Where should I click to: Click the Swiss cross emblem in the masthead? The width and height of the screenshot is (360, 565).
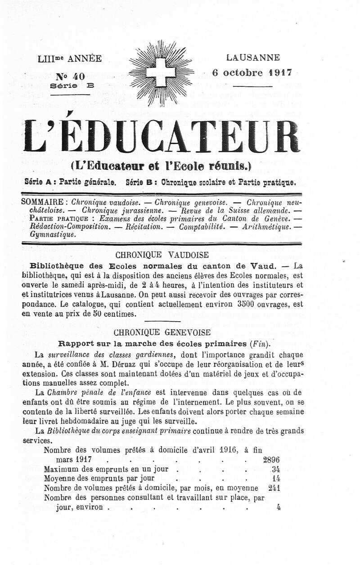[161, 72]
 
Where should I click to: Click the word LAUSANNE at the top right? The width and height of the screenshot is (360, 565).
[253, 58]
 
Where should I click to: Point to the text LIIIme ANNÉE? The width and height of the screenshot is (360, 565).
[70, 58]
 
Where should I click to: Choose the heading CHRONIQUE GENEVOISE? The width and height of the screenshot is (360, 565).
[162, 333]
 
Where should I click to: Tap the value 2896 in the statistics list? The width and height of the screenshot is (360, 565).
[271, 460]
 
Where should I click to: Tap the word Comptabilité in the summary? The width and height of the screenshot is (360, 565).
[202, 227]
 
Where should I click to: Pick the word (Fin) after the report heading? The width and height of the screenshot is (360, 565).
[260, 344]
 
